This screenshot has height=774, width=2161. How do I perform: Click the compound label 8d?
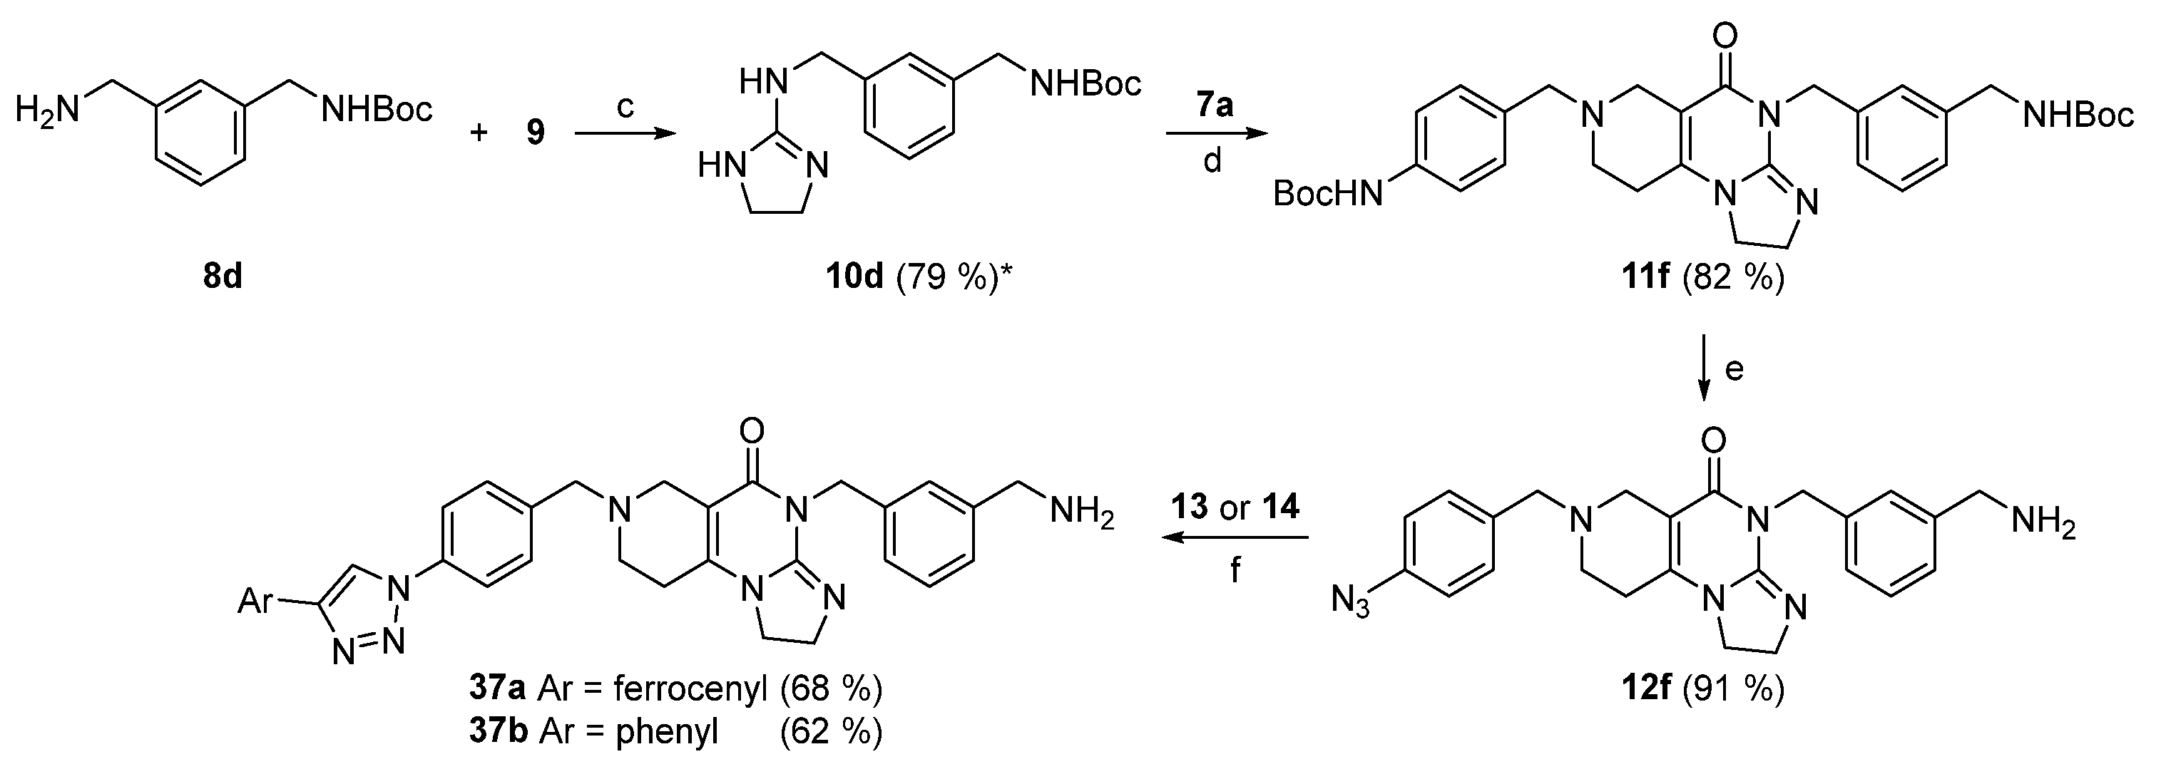[223, 276]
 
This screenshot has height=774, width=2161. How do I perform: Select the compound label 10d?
[854, 276]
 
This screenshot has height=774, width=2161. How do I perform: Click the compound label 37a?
[498, 688]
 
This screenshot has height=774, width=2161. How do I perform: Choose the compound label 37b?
[498, 731]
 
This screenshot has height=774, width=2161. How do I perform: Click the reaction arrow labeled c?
[625, 133]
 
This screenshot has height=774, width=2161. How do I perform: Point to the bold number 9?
[535, 133]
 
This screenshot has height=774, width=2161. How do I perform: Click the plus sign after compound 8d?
[479, 133]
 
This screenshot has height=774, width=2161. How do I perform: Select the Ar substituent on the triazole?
[256, 600]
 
